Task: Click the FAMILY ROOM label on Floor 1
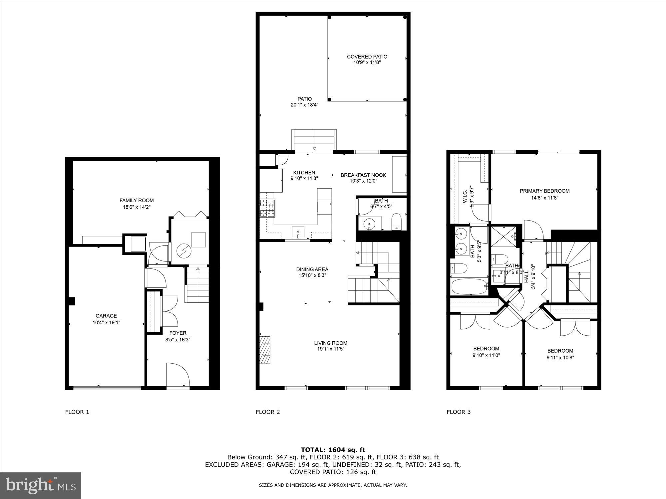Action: [x=137, y=200]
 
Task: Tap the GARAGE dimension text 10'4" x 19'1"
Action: [x=106, y=322]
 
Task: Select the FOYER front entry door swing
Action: [x=177, y=374]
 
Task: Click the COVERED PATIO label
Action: [x=367, y=57]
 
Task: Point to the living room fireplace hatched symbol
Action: [x=265, y=350]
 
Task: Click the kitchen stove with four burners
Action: [x=267, y=208]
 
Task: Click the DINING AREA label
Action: [x=312, y=269]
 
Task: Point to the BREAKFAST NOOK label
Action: [x=363, y=175]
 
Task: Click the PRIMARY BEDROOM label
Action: [x=544, y=191]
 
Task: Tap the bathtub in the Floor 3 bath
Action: [x=469, y=286]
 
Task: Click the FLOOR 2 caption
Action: [x=268, y=412]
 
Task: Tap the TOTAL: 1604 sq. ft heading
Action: [x=333, y=450]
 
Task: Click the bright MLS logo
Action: [x=41, y=486]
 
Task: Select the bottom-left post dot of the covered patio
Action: [x=329, y=99]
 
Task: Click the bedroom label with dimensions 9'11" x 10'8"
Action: [x=560, y=351]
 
